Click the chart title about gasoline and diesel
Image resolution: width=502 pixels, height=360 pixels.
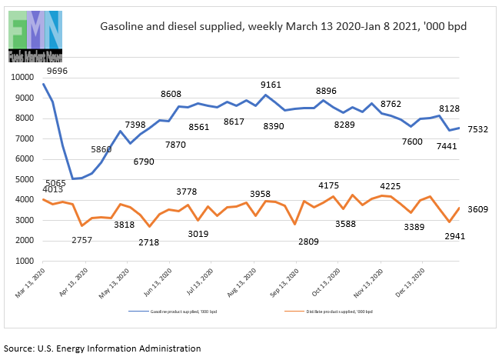(x=284, y=26)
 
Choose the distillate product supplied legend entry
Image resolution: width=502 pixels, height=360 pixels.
(x=335, y=311)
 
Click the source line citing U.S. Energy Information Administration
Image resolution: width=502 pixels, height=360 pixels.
(x=102, y=348)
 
